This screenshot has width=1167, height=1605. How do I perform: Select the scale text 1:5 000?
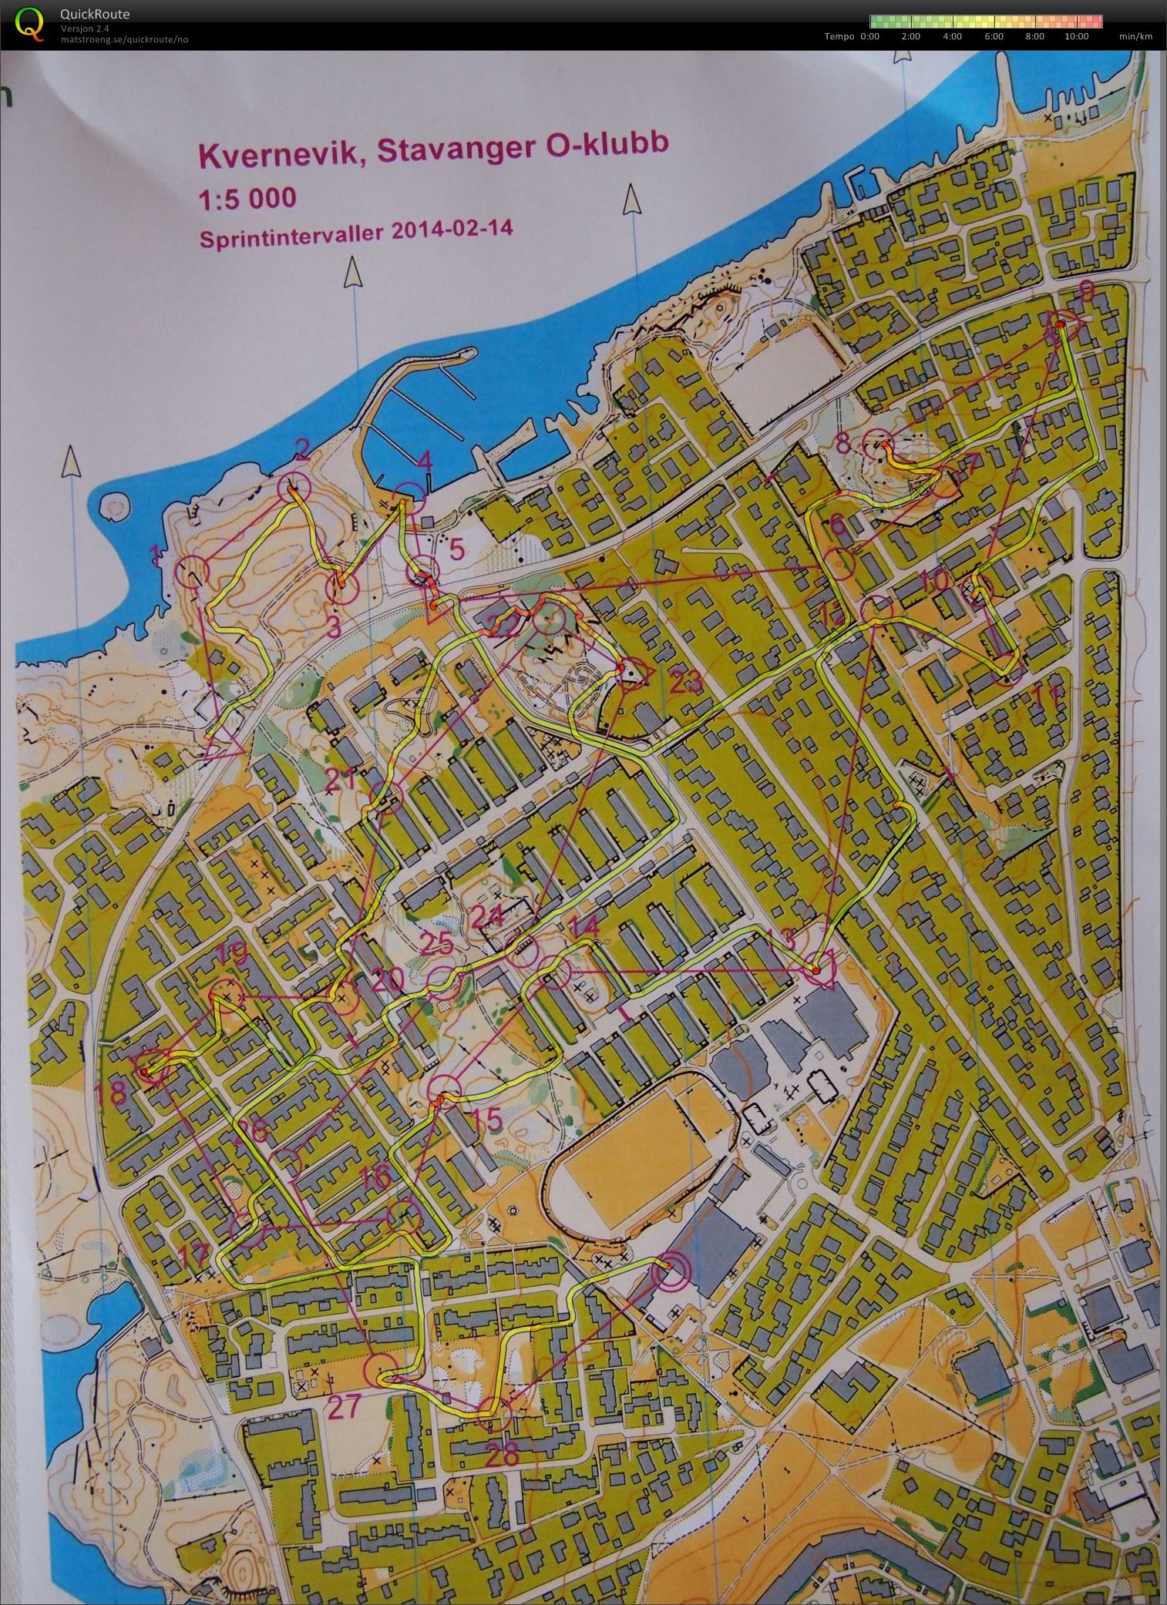[x=247, y=198]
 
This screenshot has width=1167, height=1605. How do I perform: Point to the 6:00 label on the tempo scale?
[x=994, y=36]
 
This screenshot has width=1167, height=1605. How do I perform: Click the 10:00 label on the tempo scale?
[x=1076, y=36]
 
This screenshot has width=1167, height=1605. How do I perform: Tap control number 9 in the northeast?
[x=1086, y=290]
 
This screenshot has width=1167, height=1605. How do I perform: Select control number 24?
[x=486, y=918]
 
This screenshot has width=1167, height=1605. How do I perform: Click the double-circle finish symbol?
[x=668, y=1276]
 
